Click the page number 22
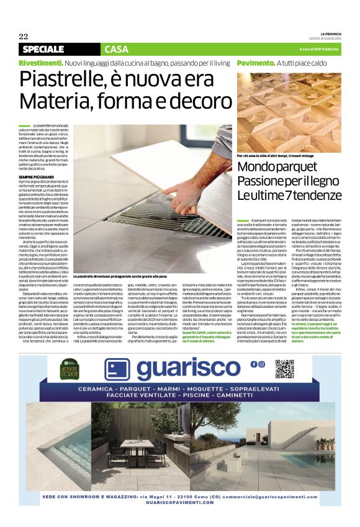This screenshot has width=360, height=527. click(24, 36)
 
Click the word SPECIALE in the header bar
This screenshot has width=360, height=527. click(43, 49)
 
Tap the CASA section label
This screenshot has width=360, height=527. click(100, 49)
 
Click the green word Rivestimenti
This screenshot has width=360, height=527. click(40, 63)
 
